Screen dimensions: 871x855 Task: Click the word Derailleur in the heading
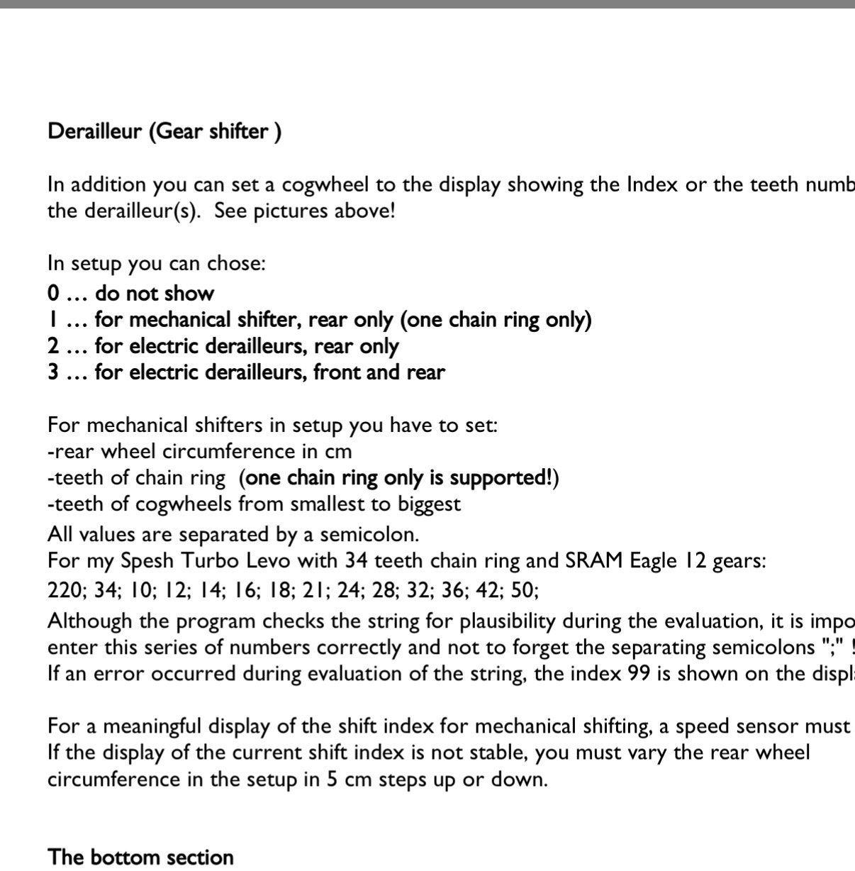click(x=94, y=132)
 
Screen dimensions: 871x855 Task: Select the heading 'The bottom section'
click(x=140, y=857)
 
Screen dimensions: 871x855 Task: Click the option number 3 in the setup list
click(x=53, y=372)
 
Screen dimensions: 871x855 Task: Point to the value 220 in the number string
click(x=64, y=591)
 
